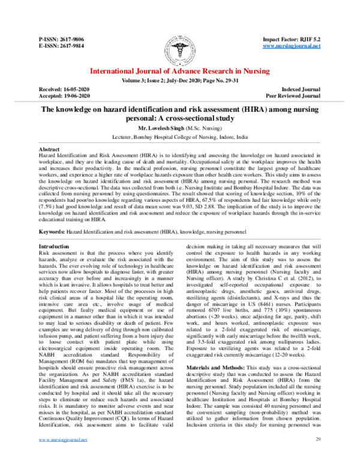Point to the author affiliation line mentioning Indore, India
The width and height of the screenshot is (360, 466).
180,137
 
